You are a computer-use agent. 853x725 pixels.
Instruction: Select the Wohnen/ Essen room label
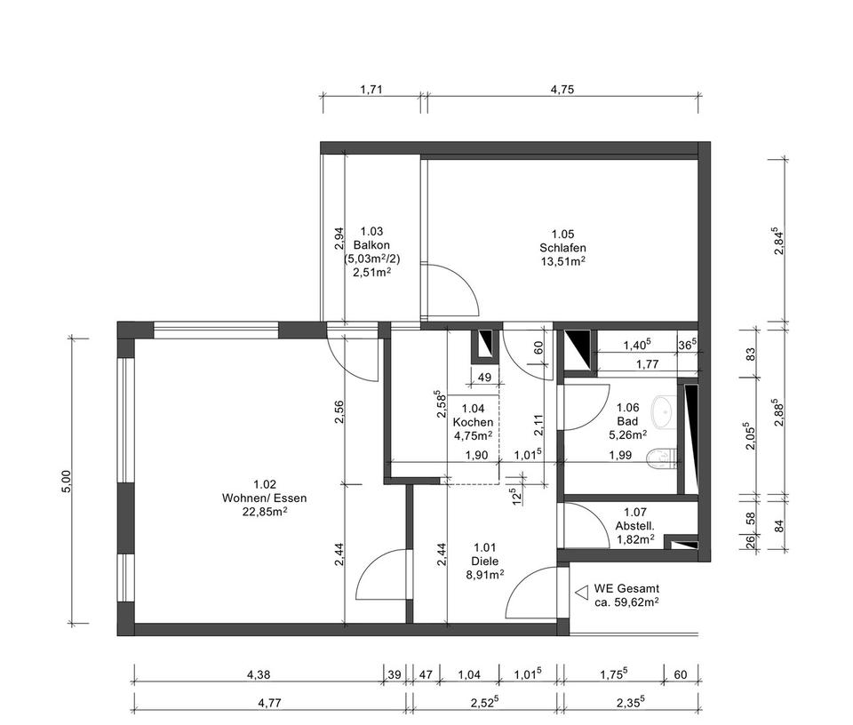click(x=264, y=498)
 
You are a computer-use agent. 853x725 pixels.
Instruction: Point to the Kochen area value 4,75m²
click(x=472, y=435)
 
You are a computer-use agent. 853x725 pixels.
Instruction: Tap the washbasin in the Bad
click(x=662, y=410)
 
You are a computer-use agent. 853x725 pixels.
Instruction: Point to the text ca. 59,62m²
click(x=626, y=602)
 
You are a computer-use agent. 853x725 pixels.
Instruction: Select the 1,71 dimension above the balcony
click(x=371, y=89)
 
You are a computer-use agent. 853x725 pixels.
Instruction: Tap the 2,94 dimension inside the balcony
click(x=338, y=237)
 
